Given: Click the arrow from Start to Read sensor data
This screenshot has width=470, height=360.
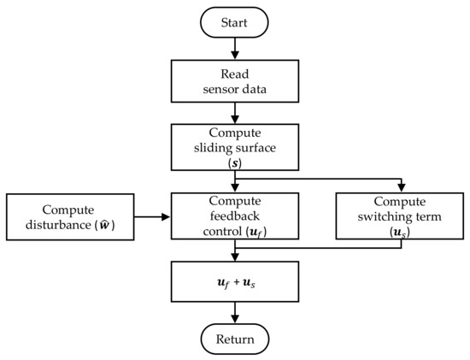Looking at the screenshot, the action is pyautogui.click(x=235, y=49).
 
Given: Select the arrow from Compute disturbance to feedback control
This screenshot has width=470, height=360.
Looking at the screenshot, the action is pyautogui.click(x=152, y=216).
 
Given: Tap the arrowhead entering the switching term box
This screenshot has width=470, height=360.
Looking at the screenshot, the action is pyautogui.click(x=401, y=188).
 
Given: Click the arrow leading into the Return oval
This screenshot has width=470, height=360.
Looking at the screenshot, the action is pyautogui.click(x=235, y=313).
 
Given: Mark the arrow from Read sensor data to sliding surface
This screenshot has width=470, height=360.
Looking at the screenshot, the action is pyautogui.click(x=235, y=113).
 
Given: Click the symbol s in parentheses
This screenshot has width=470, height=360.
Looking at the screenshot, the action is pyautogui.click(x=235, y=163).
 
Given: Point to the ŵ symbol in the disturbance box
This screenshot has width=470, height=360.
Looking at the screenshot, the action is pyautogui.click(x=104, y=224).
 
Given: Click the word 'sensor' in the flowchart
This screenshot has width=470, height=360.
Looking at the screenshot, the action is pyautogui.click(x=219, y=90).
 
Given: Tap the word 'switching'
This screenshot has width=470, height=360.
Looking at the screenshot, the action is pyautogui.click(x=385, y=217).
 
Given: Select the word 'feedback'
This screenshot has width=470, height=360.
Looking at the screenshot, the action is pyautogui.click(x=235, y=216).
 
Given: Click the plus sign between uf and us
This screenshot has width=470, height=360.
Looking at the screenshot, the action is pyautogui.click(x=237, y=282).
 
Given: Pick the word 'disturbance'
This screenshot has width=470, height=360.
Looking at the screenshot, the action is pyautogui.click(x=58, y=225).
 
